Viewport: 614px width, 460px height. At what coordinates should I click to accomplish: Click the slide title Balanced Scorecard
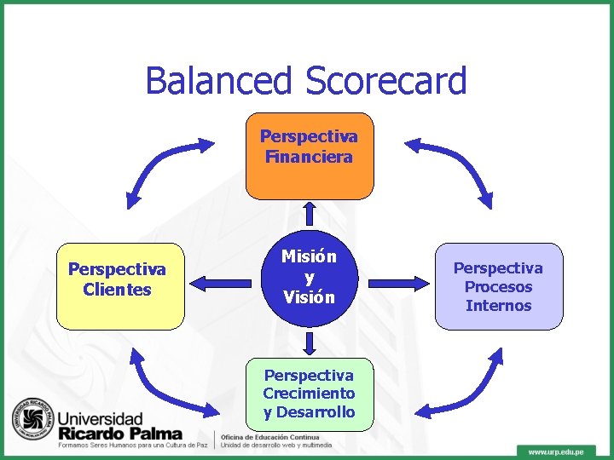306,81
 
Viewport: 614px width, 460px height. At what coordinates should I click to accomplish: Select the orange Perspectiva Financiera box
309,155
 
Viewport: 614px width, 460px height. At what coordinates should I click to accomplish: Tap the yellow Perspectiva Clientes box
119,285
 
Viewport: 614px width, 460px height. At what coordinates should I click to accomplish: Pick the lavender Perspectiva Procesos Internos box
499,286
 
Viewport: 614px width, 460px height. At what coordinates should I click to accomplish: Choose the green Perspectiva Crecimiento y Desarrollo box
309,394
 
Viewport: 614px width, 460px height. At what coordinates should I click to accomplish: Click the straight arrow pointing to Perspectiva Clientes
223,279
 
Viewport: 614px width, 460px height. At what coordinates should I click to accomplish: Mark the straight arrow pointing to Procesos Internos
394,279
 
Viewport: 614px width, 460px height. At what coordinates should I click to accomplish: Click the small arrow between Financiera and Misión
310,214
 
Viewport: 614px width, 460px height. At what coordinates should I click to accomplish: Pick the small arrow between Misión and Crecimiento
310,343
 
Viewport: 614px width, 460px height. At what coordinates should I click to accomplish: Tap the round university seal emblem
32,421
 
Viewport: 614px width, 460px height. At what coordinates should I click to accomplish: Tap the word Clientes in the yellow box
118,290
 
